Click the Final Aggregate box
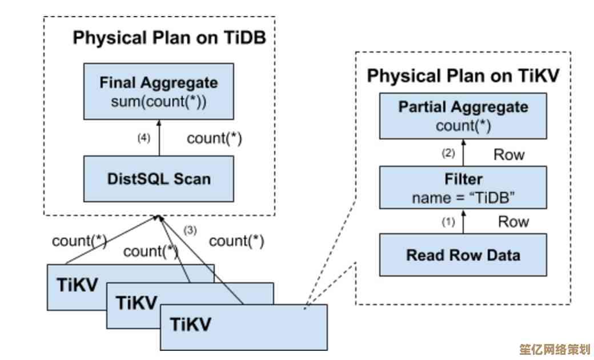[x=159, y=91]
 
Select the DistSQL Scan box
[x=159, y=179]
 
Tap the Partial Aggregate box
[x=463, y=115]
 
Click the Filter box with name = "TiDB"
[x=463, y=188]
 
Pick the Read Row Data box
[x=463, y=255]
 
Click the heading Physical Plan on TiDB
[x=169, y=38]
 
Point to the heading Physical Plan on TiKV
[x=463, y=76]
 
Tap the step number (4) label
[x=143, y=138]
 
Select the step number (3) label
[x=190, y=230]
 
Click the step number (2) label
[x=448, y=153]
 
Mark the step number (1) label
[x=448, y=222]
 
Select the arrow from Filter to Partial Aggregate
[x=463, y=153]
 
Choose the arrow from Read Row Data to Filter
[x=463, y=221]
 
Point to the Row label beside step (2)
[x=508, y=154]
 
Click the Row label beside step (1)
[x=513, y=222]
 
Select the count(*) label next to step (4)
[x=214, y=138]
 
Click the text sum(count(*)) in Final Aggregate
[x=159, y=103]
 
